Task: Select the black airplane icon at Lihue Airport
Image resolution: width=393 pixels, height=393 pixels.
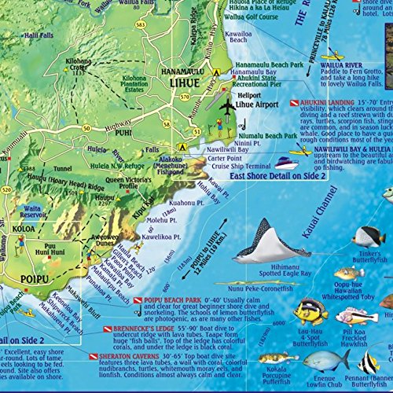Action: (228, 105)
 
